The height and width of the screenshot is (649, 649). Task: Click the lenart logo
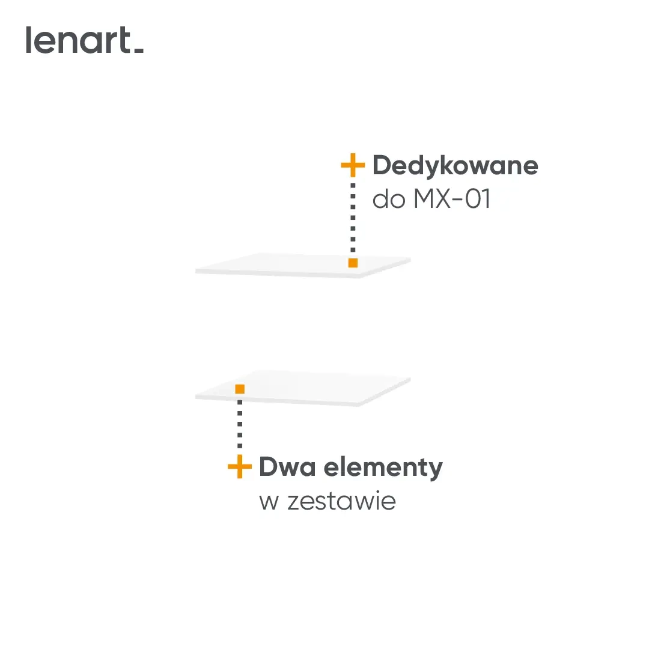(x=84, y=40)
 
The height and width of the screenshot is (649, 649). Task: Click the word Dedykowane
(x=455, y=165)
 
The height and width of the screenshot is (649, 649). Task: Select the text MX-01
(x=451, y=200)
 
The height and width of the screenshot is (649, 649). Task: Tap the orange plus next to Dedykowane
(x=353, y=165)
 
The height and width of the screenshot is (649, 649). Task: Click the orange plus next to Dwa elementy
(x=240, y=467)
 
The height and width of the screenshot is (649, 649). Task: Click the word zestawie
(x=341, y=501)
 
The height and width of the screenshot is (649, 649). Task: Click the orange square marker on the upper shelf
(x=353, y=263)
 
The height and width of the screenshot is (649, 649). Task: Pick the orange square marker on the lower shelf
(x=240, y=389)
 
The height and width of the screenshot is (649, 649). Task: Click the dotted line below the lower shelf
(x=240, y=427)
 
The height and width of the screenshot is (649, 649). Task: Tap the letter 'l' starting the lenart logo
(x=29, y=40)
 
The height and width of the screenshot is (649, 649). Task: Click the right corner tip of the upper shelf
(x=409, y=260)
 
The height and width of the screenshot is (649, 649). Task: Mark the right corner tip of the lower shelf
(x=409, y=379)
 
